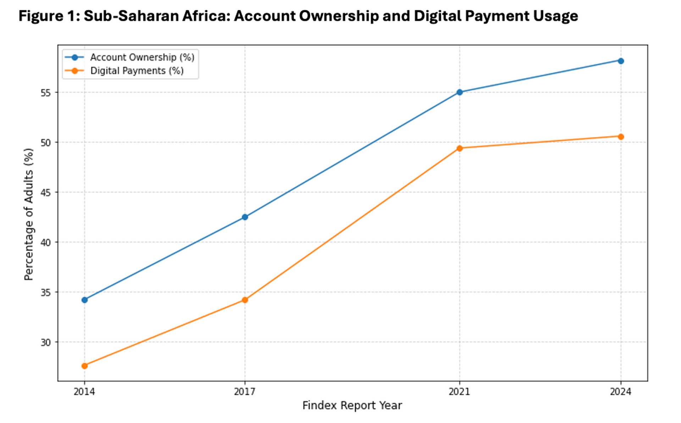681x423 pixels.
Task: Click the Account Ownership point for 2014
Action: [84, 300]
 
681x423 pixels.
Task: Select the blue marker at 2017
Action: [245, 217]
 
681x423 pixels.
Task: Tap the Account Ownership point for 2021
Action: [459, 92]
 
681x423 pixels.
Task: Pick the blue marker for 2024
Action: [621, 61]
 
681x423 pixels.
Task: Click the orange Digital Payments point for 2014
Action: [84, 366]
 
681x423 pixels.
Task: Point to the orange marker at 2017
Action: [245, 300]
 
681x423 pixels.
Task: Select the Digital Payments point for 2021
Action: [459, 148]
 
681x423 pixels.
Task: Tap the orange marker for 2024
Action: [621, 137]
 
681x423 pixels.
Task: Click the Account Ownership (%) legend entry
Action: [142, 57]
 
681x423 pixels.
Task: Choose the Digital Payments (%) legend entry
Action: [137, 71]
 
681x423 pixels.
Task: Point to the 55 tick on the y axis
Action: [46, 93]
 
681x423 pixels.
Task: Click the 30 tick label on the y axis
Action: [46, 342]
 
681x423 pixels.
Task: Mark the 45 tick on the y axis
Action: [46, 193]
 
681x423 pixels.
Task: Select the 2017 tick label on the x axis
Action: [245, 392]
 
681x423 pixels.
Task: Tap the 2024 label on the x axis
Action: [621, 392]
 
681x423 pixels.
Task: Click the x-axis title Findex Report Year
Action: [352, 406]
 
